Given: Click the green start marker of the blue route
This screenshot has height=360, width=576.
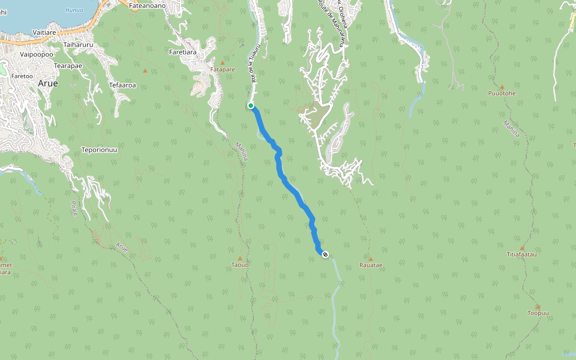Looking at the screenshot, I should (251, 106).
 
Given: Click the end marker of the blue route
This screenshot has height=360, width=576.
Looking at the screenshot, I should (325, 255).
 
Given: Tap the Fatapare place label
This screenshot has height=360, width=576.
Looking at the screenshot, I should (223, 70).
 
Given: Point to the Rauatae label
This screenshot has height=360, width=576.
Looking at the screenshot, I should (370, 265).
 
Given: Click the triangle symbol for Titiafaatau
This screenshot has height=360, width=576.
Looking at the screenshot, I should (522, 248).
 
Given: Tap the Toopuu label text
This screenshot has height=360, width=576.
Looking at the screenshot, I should (538, 313).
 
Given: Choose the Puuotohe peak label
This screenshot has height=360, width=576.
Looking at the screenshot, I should (502, 94).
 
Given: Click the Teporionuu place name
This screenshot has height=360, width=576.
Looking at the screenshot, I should (99, 149).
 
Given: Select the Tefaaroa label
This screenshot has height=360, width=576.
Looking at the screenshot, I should (122, 85).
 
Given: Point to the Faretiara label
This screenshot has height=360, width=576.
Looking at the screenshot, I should (184, 52).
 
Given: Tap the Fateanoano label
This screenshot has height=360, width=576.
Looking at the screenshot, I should (147, 5).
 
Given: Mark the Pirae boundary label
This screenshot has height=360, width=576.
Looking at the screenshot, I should (74, 209).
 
